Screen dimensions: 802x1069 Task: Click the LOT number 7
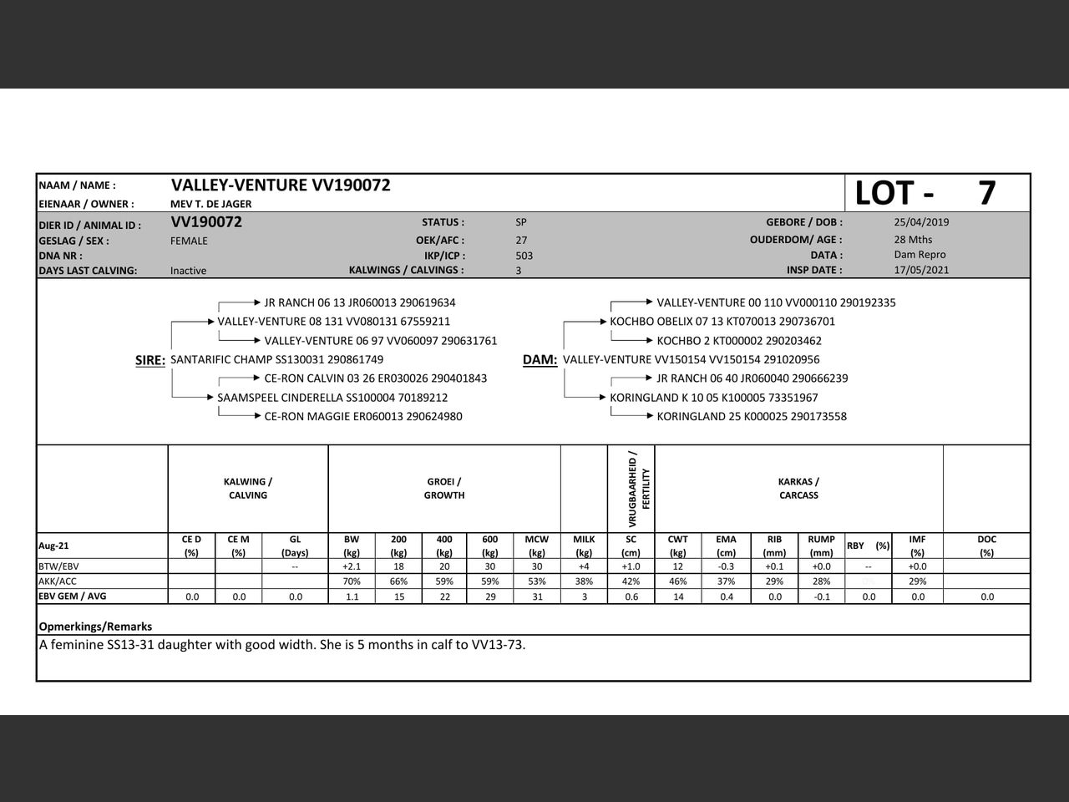[x=986, y=193]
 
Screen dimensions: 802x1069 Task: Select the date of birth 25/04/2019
[x=921, y=222]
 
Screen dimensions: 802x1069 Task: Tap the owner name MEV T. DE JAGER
[x=210, y=204]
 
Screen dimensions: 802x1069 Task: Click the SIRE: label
[x=150, y=360]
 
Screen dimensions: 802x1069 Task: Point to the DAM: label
[x=540, y=360]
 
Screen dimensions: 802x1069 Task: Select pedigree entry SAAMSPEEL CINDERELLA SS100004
[x=332, y=398]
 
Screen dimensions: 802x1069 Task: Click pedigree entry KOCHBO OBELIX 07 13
[x=722, y=322]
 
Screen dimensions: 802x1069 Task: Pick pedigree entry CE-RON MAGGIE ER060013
[x=363, y=416]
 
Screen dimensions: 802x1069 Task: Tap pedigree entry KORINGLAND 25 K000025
[x=752, y=416]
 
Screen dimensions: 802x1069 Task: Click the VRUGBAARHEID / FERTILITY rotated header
[x=639, y=490]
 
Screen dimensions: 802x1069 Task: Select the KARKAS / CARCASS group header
[x=798, y=489]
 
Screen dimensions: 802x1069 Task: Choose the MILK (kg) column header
[x=584, y=546]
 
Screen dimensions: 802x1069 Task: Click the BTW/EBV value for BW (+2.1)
[x=352, y=566]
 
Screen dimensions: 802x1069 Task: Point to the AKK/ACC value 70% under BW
[x=352, y=581]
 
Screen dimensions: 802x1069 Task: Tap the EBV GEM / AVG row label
[x=72, y=596]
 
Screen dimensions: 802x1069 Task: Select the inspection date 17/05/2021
[x=921, y=270]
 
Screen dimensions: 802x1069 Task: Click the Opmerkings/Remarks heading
[x=95, y=627]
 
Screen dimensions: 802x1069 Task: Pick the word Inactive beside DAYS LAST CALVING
[x=188, y=271]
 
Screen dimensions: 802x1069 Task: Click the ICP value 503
[x=524, y=256]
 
